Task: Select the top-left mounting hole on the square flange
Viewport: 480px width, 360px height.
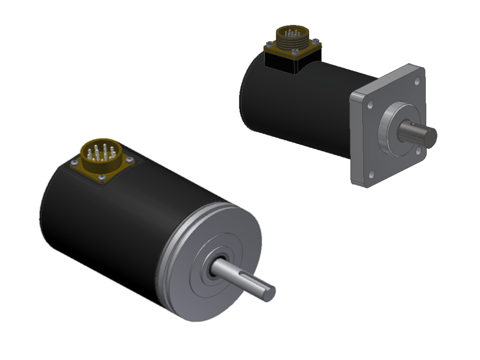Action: [x=370, y=105]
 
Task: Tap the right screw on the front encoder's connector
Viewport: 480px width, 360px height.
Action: [x=129, y=160]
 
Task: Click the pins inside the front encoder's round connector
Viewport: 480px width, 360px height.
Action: [x=101, y=151]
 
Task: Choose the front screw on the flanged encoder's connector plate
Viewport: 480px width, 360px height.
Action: [x=295, y=50]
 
